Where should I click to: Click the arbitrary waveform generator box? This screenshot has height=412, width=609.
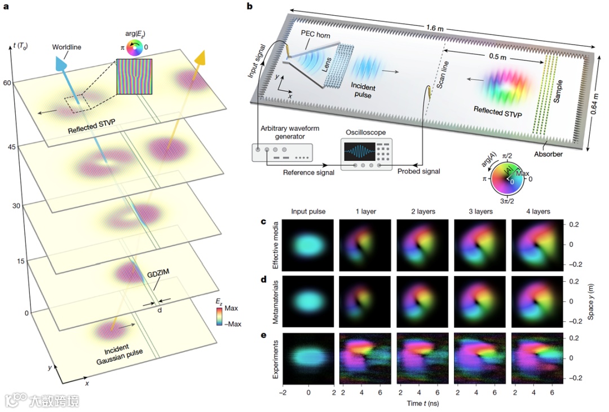click(283, 151)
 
